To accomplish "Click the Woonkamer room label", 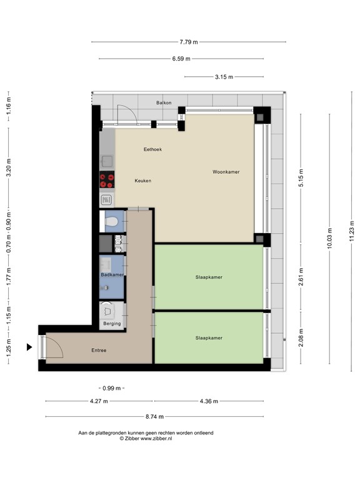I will (226, 172).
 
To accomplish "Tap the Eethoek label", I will (152, 149).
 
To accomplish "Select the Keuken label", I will (142, 181).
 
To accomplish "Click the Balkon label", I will (164, 102).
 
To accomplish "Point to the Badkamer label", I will (112, 275).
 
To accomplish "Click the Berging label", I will (112, 324).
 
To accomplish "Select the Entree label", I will (98, 351).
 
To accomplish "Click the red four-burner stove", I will (107, 180).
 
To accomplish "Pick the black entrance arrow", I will (29, 347).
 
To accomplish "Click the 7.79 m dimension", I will (188, 42).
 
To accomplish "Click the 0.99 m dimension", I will (110, 388).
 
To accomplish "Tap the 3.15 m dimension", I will (223, 77).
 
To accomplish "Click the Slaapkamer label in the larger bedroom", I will (209, 277).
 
